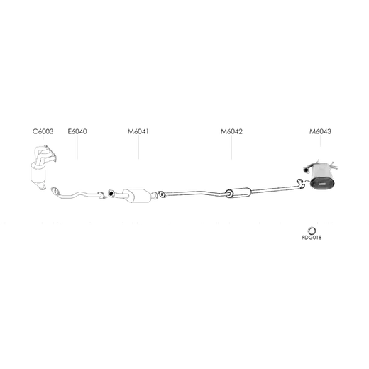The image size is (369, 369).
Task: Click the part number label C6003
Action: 43,131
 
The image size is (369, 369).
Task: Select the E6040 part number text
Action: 77,131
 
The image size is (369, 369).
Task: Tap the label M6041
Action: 138,131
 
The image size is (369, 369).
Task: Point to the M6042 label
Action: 231,131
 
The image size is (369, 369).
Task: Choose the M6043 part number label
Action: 320,131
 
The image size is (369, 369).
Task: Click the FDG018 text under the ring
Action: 312,238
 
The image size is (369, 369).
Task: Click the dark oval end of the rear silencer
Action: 322,184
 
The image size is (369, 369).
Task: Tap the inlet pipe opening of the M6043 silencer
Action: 305,170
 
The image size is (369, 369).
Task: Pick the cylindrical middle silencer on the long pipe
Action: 238,192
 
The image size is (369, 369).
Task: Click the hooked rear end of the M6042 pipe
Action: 301,184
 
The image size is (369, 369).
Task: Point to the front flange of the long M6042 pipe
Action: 162,194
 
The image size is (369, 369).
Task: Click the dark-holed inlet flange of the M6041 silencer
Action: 111,193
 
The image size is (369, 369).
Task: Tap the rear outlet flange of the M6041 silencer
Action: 155,196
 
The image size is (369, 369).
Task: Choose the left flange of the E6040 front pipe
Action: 55,190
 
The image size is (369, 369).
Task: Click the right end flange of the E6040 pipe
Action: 101,195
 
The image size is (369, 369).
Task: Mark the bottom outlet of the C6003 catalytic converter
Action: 43,188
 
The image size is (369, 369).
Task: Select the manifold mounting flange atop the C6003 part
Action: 50,153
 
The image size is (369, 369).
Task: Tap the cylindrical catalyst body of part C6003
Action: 38,174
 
